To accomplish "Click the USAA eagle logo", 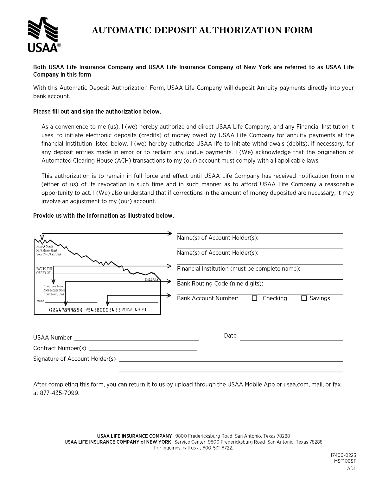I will point(43,35).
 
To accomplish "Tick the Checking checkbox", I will point(254,298).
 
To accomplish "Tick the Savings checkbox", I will point(304,298).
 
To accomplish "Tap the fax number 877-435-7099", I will point(59,393).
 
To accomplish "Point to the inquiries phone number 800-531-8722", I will point(217,448).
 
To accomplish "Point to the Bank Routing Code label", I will point(220,283).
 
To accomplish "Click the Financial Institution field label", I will point(238,269).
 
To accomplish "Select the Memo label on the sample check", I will point(40,301).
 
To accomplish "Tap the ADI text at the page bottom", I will point(351,469).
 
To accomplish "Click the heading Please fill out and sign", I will point(97,112).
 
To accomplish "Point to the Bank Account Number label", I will point(207,298).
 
